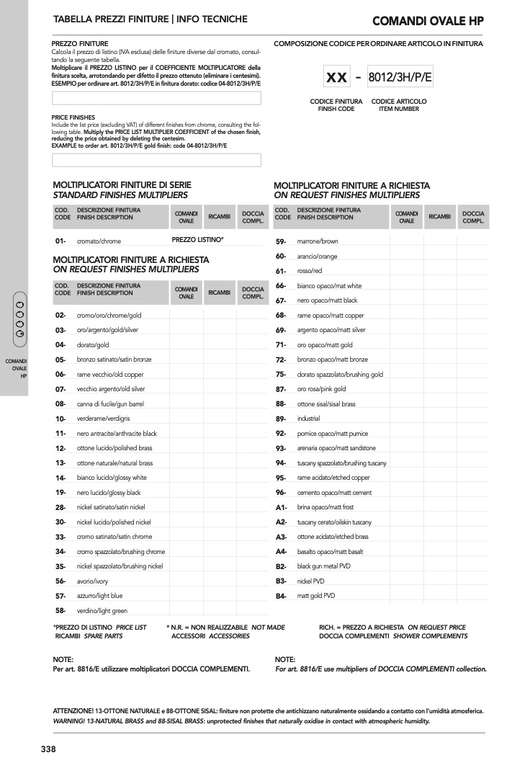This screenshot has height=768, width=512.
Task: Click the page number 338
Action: pos(48,749)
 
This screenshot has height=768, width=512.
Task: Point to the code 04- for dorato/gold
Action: pos(60,344)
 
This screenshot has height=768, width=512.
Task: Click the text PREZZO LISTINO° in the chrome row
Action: pos(197,239)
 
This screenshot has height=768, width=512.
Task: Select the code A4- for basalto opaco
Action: pos(281,551)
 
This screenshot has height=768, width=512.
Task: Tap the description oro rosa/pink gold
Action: pos(321,389)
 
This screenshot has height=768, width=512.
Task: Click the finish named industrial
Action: pos(309,419)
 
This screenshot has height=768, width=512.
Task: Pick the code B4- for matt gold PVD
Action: pos(281,596)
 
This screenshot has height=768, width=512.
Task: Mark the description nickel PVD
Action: pos(311,581)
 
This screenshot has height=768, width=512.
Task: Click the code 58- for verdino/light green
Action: pos(60,610)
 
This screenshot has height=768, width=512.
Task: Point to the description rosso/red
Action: pos(310,271)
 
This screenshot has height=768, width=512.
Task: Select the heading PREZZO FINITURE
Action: pos(80,44)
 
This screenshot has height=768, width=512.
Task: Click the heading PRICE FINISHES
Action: pos(73,117)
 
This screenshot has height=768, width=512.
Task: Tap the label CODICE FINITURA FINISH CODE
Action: pos(336,105)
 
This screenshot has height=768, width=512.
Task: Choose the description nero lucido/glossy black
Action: pos(109,493)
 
